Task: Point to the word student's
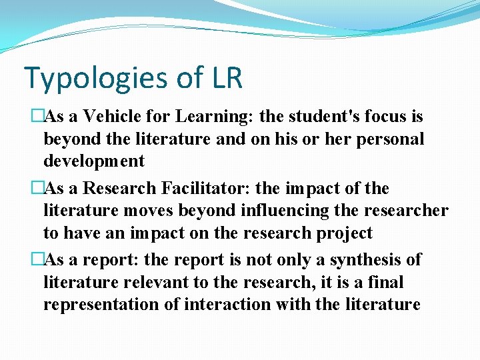320,117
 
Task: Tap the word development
93,161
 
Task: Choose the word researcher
405,211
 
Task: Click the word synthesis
359,260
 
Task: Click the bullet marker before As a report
37,260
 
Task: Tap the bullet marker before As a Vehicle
37,117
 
